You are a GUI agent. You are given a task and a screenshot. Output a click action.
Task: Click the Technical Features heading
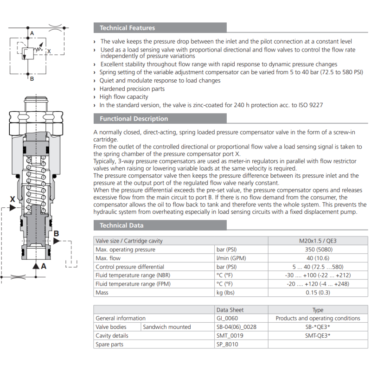pos(127,28)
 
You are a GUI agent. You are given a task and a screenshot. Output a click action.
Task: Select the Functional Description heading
pos(134,119)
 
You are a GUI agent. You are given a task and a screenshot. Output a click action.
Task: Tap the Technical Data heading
pos(122,225)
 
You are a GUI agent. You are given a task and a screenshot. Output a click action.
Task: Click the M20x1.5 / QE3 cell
pos(318,241)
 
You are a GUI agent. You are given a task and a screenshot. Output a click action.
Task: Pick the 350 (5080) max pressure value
pos(319,249)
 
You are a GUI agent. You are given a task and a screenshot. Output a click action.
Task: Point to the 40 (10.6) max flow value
pos(318,258)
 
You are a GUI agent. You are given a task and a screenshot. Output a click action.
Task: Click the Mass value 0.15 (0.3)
pos(318,293)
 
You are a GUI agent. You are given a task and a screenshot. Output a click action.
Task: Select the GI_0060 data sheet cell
pos(227,318)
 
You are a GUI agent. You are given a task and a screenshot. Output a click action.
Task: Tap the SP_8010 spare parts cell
pos(227,344)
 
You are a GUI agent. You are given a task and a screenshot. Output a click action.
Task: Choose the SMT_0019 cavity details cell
pos(230,335)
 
